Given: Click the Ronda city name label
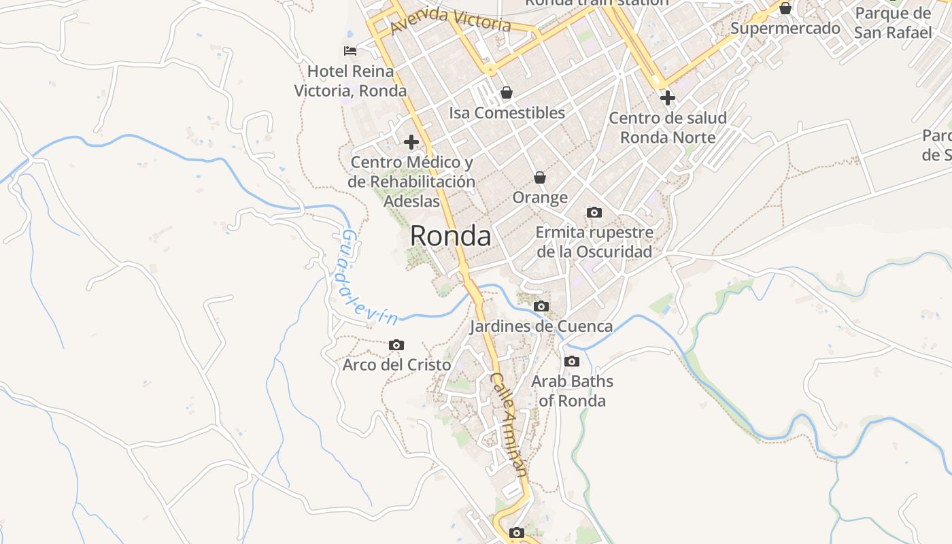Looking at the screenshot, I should pyautogui.click(x=450, y=236).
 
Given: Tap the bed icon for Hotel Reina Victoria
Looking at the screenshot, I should pyautogui.click(x=350, y=51).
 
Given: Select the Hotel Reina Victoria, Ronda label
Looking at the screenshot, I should pyautogui.click(x=350, y=81).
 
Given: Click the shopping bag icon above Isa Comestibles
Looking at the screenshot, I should pyautogui.click(x=507, y=92).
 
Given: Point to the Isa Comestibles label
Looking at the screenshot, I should pyautogui.click(x=507, y=113).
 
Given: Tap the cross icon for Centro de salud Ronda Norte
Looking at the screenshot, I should pyautogui.click(x=668, y=98).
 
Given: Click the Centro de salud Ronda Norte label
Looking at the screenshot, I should pyautogui.click(x=668, y=128).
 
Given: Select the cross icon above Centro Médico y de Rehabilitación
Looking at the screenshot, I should pyautogui.click(x=411, y=142).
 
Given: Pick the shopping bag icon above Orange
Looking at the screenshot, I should pyautogui.click(x=540, y=177).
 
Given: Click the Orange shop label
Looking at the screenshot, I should pyautogui.click(x=540, y=198).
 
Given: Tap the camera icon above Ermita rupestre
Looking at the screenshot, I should pyautogui.click(x=594, y=213).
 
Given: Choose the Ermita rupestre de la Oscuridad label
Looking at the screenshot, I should pyautogui.click(x=594, y=242).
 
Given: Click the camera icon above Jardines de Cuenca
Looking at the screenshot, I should pyautogui.click(x=541, y=307).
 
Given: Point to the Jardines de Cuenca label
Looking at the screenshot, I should pyautogui.click(x=541, y=326).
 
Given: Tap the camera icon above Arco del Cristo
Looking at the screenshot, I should pyautogui.click(x=396, y=345).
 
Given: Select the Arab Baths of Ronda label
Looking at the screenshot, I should pyautogui.click(x=572, y=391).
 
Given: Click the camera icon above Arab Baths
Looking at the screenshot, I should pyautogui.click(x=572, y=361).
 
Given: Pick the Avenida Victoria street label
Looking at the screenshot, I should pyautogui.click(x=451, y=19).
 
